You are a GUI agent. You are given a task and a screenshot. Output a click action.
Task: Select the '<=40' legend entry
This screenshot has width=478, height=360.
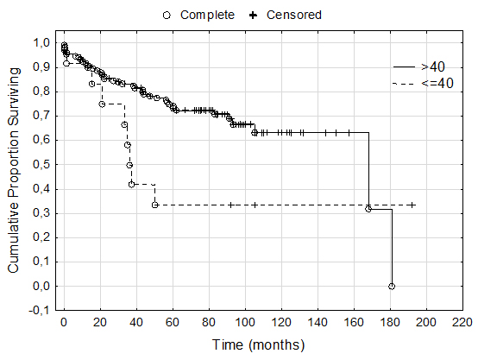437,83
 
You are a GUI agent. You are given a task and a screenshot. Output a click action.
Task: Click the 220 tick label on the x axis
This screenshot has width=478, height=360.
462,323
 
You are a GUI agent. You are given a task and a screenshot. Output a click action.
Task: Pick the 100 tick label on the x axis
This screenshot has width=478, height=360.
245,323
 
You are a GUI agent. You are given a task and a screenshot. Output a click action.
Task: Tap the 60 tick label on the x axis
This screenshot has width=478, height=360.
173,323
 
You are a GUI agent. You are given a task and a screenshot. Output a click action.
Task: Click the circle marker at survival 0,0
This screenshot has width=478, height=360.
392,286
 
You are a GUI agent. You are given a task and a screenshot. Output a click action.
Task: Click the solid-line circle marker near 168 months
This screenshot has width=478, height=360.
368,209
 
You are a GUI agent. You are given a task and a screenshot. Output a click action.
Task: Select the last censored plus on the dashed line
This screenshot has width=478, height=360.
412,205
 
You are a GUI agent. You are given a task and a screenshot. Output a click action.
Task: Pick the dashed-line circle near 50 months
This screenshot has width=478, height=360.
154,205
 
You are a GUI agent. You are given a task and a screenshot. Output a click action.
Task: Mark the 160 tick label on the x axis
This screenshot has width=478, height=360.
354,323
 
